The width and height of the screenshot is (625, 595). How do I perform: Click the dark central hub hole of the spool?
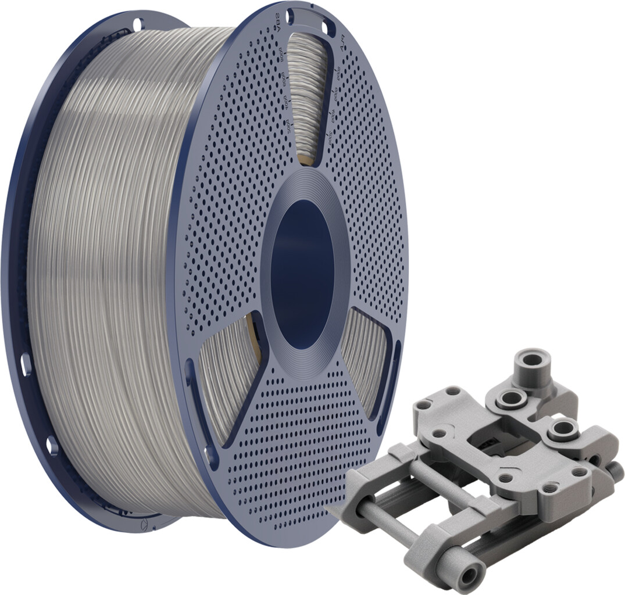pos(302,273)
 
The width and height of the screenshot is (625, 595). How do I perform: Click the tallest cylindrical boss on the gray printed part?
pos(533,363)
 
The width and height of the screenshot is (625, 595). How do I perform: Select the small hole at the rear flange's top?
pos(137,25)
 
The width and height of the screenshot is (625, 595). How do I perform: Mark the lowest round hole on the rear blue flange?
pos(52,446)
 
